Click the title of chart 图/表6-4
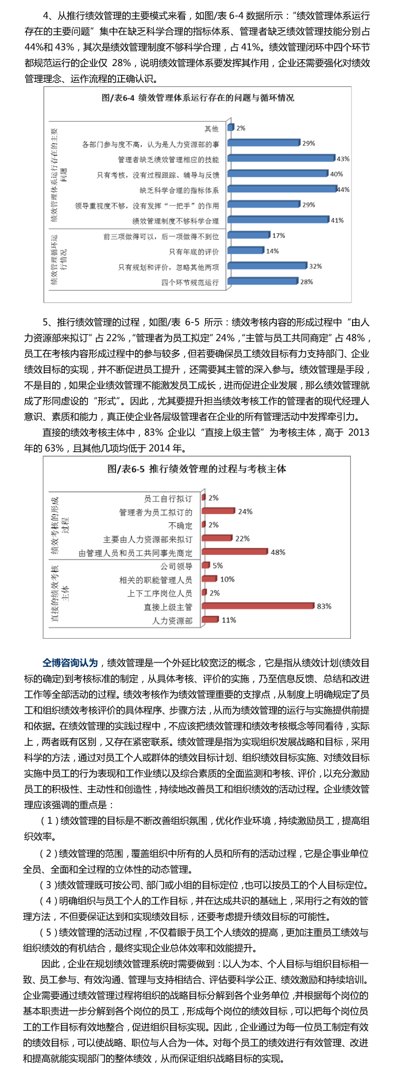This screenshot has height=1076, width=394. [x=198, y=98]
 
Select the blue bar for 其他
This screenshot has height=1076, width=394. [x=230, y=128]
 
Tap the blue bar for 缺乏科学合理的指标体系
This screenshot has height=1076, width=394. [x=281, y=188]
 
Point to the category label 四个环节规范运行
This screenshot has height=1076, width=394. [x=190, y=282]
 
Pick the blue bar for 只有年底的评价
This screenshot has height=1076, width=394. [x=245, y=250]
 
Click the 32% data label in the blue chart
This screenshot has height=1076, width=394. [x=315, y=266]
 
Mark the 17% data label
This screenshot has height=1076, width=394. [x=279, y=236]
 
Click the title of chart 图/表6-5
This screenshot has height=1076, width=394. [x=196, y=469]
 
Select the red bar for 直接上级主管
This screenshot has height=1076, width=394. [x=258, y=606]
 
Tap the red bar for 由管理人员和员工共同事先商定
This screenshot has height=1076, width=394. [x=234, y=552]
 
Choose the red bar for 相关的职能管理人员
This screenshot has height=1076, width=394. [x=209, y=579]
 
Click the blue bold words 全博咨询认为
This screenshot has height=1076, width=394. [x=70, y=662]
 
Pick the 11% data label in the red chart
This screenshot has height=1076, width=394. [x=229, y=620]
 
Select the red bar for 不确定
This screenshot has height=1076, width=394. [x=203, y=524]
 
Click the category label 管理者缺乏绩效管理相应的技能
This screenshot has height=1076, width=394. [x=168, y=159]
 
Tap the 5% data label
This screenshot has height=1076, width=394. [x=218, y=565]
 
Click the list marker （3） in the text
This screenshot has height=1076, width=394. [x=49, y=885]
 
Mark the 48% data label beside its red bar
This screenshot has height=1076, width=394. [x=278, y=552]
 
